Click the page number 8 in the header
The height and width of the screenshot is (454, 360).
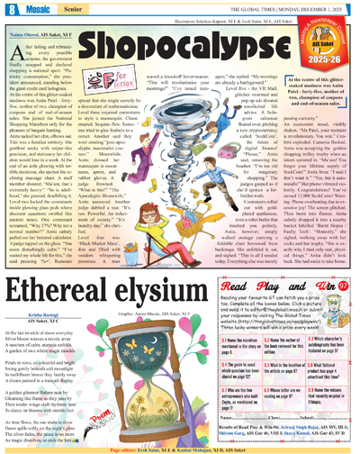[x=9, y=9]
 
